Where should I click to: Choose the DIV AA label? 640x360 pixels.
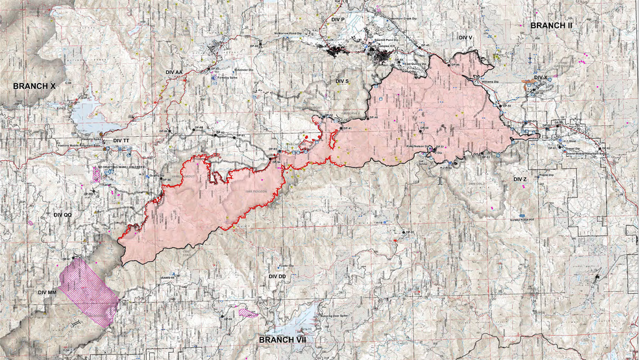click(174, 72)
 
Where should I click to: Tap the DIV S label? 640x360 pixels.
click(343, 81)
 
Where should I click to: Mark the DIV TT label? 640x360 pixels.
click(121, 140)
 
